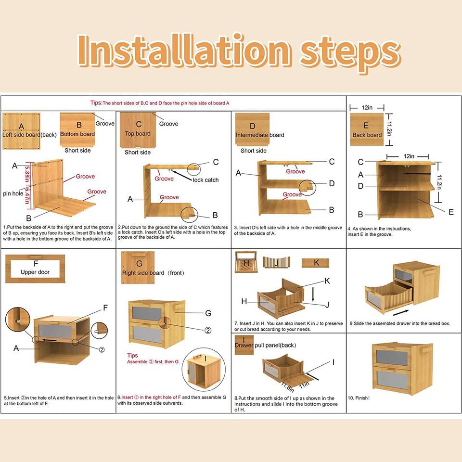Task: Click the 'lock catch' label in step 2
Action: pos(205,180)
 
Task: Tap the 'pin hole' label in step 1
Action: pos(13,193)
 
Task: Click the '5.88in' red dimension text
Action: pos(27,174)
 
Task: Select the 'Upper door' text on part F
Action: pos(35,272)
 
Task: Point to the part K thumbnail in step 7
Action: pos(315,263)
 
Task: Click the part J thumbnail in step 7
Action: pos(276,262)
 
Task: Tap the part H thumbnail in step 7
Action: pos(246,262)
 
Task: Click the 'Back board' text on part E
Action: pos(367,135)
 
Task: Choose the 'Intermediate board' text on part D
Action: pos(260,135)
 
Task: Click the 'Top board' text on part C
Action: pos(138,133)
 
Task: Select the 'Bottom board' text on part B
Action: pos(77,134)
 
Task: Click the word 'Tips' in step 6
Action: pos(133,355)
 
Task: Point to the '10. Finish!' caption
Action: pos(359,398)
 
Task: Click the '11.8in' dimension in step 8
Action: pos(287,387)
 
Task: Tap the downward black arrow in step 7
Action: pos(313,294)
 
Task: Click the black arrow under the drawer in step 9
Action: pos(401,313)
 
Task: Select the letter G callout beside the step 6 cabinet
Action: pos(208,313)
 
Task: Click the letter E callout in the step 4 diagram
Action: pos(451,212)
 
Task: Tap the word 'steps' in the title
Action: pos(350,53)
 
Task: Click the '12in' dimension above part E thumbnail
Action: pos(367,107)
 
